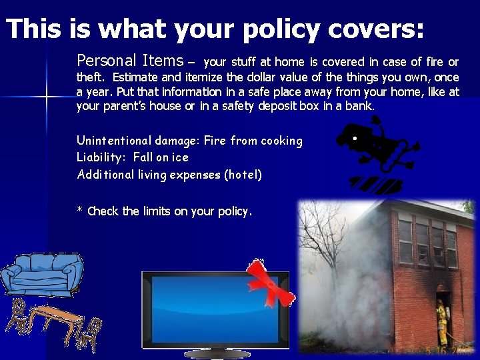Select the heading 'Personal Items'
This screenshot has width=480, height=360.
[x=130, y=61]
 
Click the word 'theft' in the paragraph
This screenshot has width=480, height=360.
[x=91, y=77]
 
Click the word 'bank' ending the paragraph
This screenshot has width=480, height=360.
[x=359, y=106]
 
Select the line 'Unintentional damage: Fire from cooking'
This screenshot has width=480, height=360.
[x=189, y=141]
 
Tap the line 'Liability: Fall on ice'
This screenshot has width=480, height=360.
[x=133, y=157]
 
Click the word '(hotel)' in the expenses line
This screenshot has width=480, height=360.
[x=243, y=175]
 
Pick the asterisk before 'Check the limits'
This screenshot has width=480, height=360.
[x=79, y=211]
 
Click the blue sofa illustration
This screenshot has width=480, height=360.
[x=41, y=273]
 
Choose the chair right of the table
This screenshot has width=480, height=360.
[x=90, y=331]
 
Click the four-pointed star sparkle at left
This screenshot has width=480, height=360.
[x=47, y=97]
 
